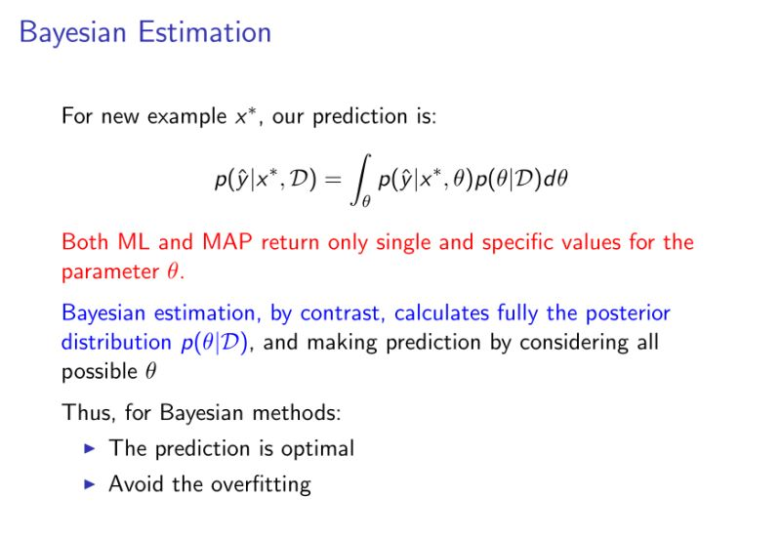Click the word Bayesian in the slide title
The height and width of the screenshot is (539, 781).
point(72,33)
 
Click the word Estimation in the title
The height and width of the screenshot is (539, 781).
point(205,32)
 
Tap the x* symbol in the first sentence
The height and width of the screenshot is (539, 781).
point(246,116)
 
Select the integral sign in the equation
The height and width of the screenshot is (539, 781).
point(360,180)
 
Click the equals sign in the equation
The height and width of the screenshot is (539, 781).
point(333,179)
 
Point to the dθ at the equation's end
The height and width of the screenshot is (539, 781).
point(555,179)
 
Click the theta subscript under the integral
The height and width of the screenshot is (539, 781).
point(366,201)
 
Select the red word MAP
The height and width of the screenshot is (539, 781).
point(226,242)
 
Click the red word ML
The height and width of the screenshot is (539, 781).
point(133,242)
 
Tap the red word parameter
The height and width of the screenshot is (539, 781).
point(110,272)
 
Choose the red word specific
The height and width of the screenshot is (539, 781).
point(517,242)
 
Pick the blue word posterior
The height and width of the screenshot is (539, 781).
point(628,313)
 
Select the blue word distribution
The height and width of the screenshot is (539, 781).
point(116,342)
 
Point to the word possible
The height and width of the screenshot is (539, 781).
point(100,372)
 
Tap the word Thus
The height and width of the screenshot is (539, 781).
point(89,412)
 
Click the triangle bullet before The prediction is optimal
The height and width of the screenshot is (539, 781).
point(90,448)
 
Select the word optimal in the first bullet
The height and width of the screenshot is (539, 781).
point(318,448)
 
